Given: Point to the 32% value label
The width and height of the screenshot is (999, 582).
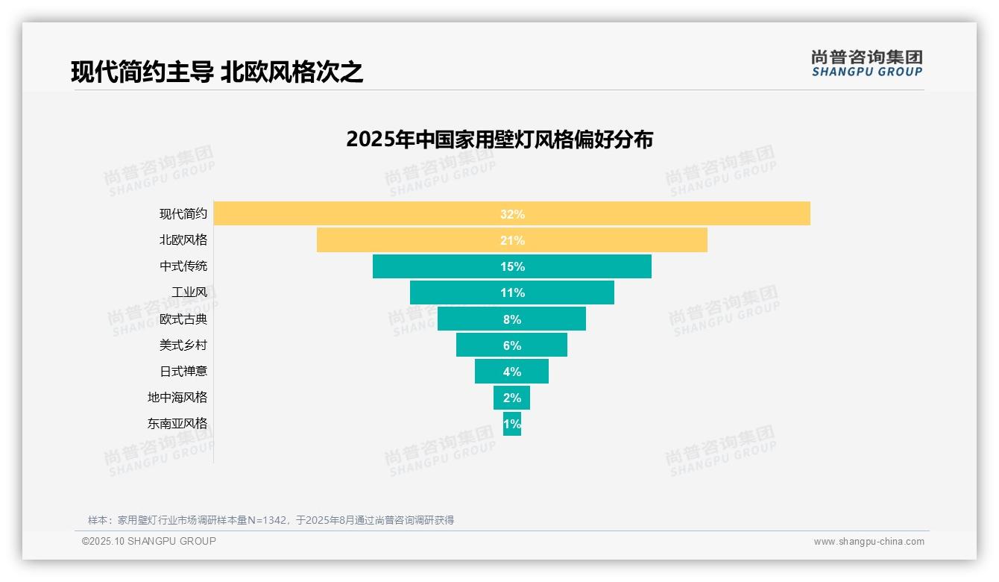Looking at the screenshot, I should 512,214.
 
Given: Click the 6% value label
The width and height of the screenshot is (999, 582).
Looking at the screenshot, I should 512,345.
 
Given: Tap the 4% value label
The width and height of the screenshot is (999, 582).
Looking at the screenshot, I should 512,372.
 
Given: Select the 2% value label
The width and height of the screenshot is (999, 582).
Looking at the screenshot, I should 512,398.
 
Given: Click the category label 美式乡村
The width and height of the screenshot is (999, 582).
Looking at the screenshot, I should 183,345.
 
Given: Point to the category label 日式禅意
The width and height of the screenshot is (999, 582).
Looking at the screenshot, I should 183,372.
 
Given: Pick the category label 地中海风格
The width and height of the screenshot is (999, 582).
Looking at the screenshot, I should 177,398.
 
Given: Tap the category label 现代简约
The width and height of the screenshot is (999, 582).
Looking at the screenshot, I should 183,214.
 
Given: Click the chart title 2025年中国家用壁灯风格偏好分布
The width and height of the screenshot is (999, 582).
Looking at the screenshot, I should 499,140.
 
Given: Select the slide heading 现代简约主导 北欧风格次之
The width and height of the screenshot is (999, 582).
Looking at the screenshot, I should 217,72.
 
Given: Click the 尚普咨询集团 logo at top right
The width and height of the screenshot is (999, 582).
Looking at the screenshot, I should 867,63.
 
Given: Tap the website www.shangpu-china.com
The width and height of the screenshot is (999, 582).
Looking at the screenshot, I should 869,542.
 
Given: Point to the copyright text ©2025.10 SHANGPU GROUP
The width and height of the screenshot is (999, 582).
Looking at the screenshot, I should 149,541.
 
